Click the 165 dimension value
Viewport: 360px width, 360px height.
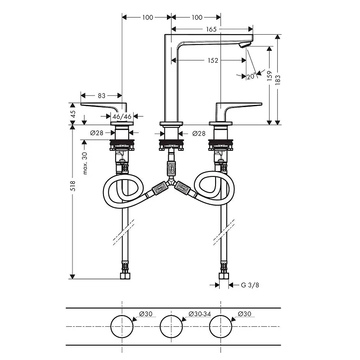tap(211, 29)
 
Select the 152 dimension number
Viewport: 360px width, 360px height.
tap(213, 60)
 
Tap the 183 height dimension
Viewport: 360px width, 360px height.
tap(278, 80)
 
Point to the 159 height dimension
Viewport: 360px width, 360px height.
tap(270, 76)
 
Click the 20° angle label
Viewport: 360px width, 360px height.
tap(251, 76)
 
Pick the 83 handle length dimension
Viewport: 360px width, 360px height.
tap(102, 95)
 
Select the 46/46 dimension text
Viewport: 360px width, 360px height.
tap(122, 117)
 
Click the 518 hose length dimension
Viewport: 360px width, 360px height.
tap(73, 186)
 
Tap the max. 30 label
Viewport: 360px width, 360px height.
tap(85, 163)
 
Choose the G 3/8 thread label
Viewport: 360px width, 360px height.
tap(250, 285)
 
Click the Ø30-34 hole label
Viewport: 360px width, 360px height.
tap(199, 314)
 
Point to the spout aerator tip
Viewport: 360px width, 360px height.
tap(243, 45)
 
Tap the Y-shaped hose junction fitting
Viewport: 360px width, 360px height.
tap(171, 183)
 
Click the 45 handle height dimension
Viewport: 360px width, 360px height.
tap(73, 114)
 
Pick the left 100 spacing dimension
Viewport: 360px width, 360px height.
tap(148, 17)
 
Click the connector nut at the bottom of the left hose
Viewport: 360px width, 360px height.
tap(125, 276)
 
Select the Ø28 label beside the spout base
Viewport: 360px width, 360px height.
tap(199, 133)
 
